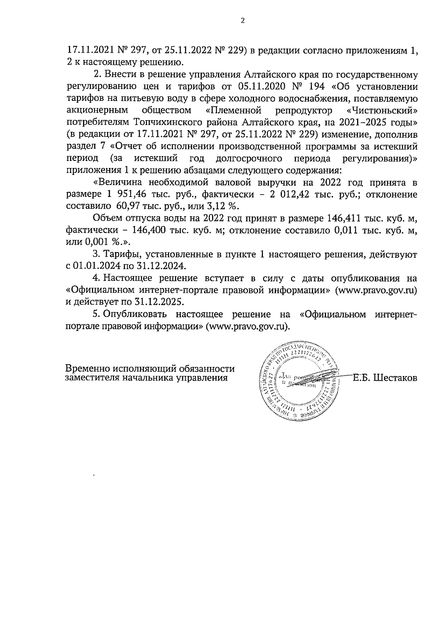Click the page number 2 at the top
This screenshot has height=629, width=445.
pyautogui.click(x=243, y=21)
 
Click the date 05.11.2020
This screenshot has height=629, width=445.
pyautogui.click(x=260, y=87)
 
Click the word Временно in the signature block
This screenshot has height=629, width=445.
pyautogui.click(x=88, y=369)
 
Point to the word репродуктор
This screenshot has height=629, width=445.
pyautogui.click(x=305, y=110)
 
